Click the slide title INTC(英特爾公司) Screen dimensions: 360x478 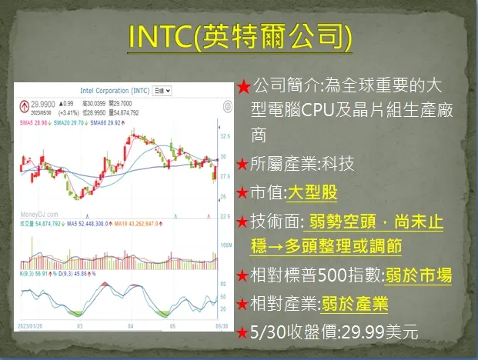coord(239,36)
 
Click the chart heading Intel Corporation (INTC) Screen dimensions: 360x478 coord(115,90)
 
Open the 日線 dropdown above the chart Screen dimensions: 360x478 coord(162,90)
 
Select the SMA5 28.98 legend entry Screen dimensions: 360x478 coord(34,122)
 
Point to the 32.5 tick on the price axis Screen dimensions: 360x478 coord(225,135)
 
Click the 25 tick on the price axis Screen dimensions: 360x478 coord(222,198)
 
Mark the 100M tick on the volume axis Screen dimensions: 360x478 coord(224,245)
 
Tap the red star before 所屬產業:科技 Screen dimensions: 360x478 coord(242,165)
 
